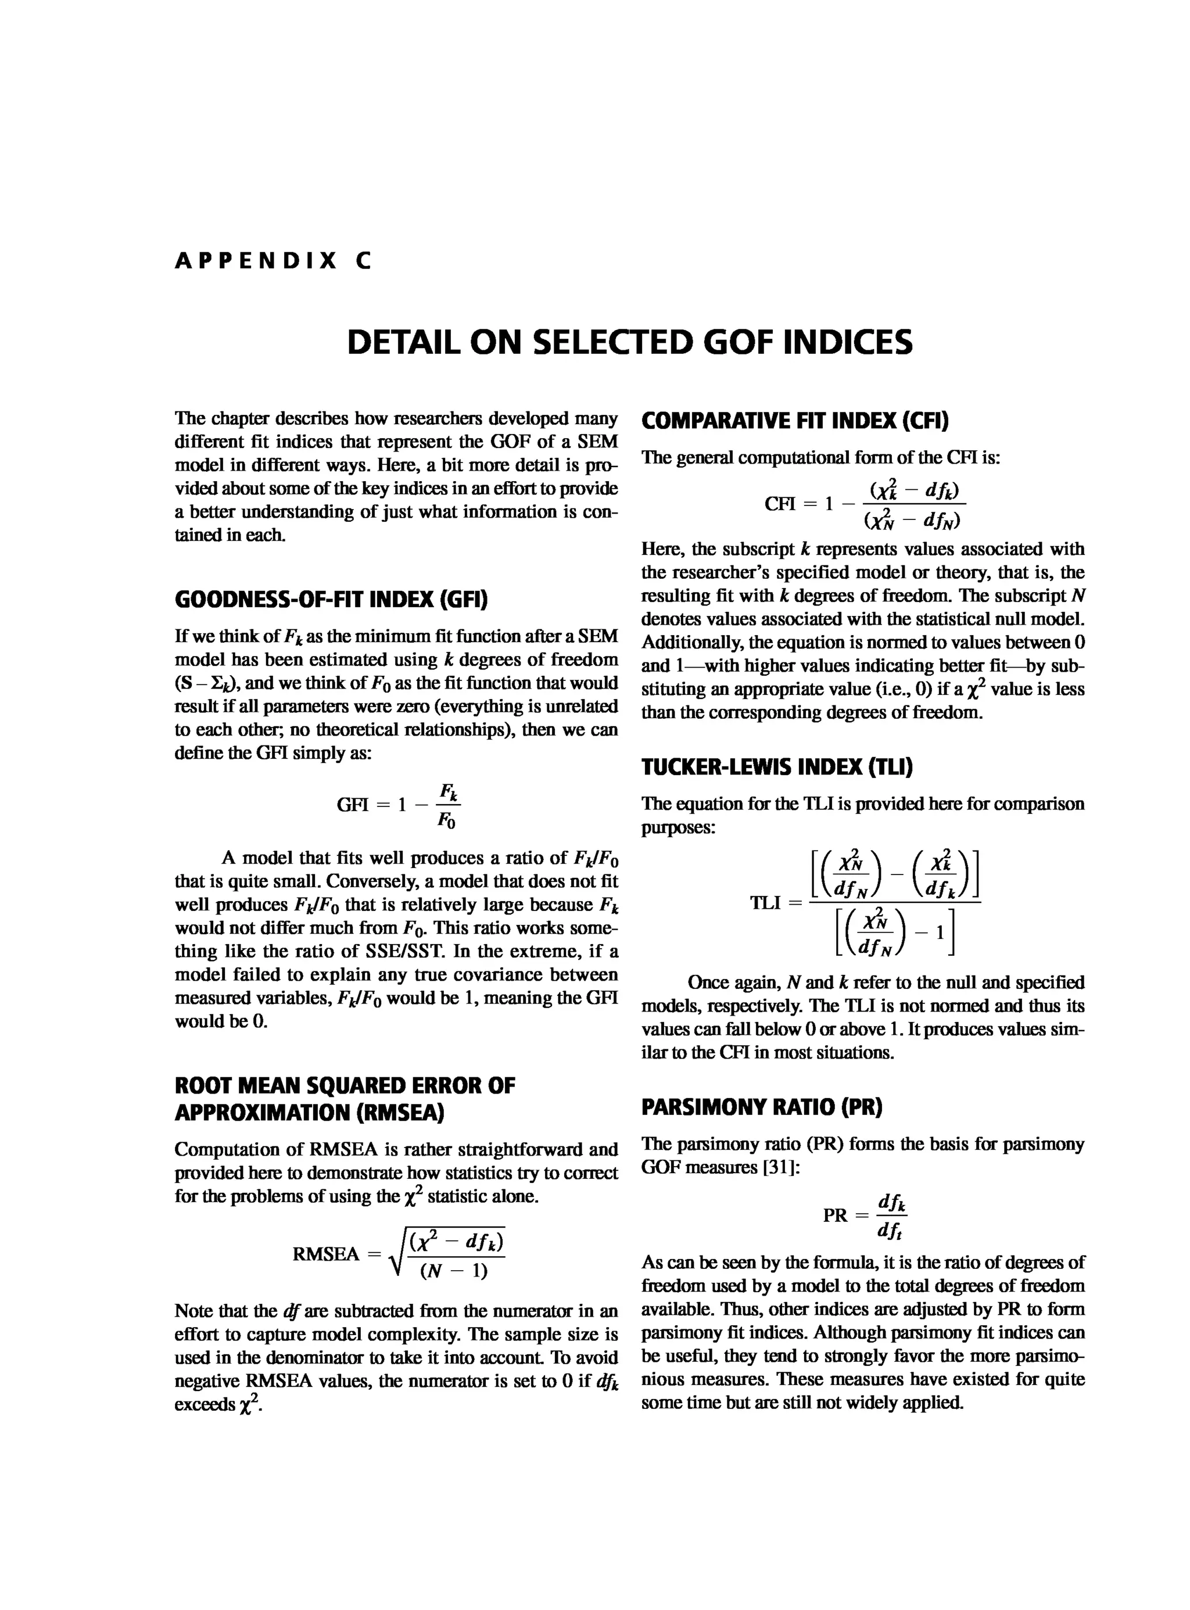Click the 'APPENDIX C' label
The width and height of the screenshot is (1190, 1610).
tap(273, 261)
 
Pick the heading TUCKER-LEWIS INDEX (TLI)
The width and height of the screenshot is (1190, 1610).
tap(776, 767)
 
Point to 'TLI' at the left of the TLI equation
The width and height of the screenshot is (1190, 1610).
tap(766, 902)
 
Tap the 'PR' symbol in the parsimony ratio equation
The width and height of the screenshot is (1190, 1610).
tap(836, 1216)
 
